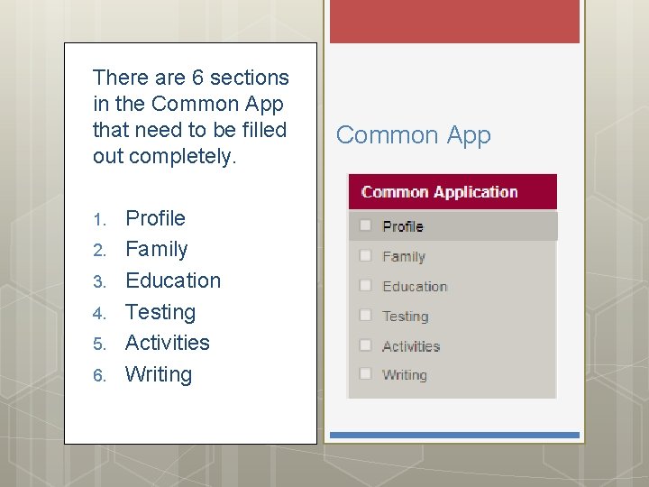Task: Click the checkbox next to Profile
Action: point(366,225)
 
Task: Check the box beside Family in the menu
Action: point(366,256)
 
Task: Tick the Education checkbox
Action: point(366,286)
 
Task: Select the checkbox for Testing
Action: point(366,316)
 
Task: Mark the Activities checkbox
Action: point(366,345)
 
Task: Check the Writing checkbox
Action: point(366,374)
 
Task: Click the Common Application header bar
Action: point(452,192)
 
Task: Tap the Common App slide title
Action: point(414,135)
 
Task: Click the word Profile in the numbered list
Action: point(155,218)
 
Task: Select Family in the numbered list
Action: point(156,249)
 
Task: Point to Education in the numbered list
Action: point(172,280)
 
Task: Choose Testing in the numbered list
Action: point(160,312)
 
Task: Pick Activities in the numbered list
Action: point(167,343)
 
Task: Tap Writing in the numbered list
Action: point(158,374)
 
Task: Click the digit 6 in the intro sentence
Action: point(193,78)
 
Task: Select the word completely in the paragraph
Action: point(182,156)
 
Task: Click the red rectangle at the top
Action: point(454,21)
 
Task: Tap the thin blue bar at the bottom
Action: point(454,435)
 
